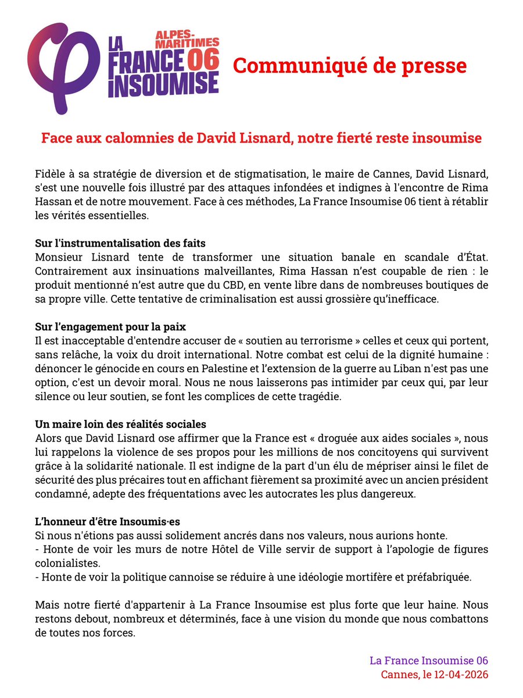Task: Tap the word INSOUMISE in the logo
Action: pos(163,84)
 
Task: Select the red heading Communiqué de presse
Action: pos(349,66)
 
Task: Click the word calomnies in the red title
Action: pos(127,140)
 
